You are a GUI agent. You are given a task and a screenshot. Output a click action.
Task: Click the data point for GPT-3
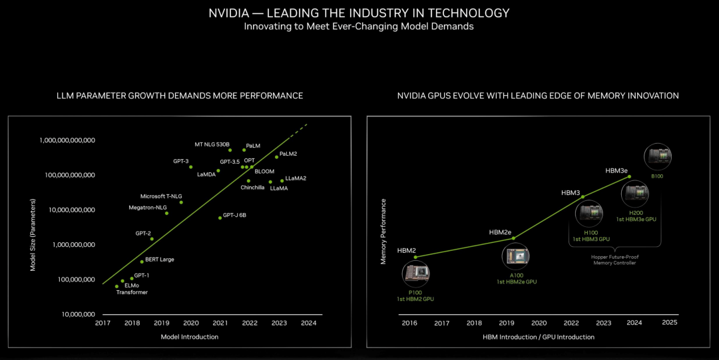[191, 167]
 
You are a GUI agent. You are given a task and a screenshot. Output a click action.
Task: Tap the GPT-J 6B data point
[220, 218]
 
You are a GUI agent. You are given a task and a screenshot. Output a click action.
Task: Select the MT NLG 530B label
[212, 144]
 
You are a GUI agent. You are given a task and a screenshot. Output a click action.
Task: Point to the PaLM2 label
[288, 154]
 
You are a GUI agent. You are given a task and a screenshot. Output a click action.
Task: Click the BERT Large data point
[142, 262]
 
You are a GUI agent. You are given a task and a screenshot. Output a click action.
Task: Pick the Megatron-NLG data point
[166, 213]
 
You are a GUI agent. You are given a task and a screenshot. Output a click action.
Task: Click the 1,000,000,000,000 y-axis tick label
[67, 140]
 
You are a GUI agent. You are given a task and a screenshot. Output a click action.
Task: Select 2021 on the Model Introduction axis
[220, 323]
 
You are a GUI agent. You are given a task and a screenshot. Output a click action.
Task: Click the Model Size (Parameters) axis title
[33, 235]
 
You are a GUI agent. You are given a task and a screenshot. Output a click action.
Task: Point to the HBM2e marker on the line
[513, 238]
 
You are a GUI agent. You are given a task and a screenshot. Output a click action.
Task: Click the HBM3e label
[616, 170]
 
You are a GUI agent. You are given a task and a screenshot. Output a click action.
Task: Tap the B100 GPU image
[658, 157]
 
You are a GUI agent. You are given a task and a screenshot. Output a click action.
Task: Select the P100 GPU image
[415, 273]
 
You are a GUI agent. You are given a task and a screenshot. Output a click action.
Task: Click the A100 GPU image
[516, 257]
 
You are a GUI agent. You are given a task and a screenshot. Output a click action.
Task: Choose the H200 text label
[636, 213]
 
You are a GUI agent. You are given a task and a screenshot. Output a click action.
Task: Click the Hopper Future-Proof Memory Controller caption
[615, 260]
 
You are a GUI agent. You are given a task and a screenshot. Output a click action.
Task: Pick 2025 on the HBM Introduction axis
[670, 322]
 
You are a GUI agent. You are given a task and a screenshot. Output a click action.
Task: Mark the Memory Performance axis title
[383, 232]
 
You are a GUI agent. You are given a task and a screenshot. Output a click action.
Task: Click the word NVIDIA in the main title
[228, 13]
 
